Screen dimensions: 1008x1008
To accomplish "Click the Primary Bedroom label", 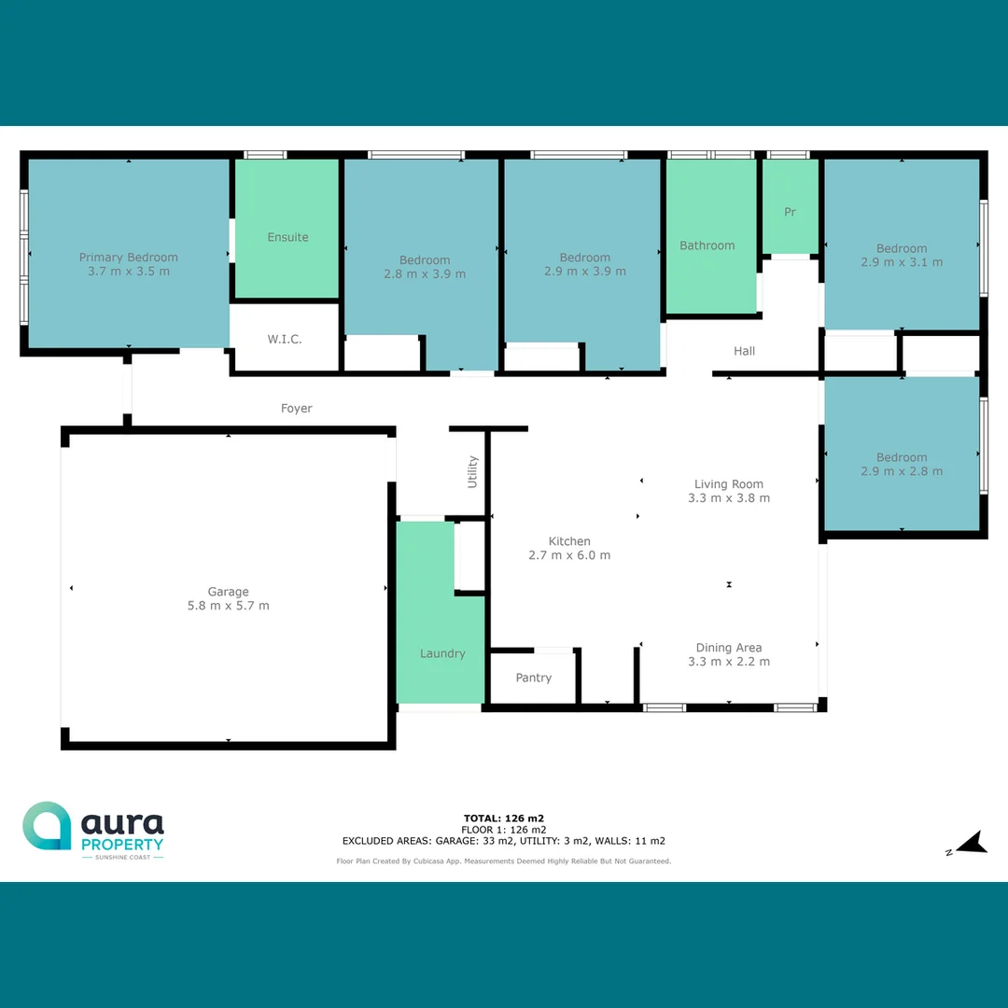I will coord(128,258).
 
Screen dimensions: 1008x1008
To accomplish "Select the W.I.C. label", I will coord(285,339).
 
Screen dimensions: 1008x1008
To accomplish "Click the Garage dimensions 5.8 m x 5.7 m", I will coord(228,606).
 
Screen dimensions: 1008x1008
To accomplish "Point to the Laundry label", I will coord(442,653).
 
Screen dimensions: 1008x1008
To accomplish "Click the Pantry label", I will coord(534,678).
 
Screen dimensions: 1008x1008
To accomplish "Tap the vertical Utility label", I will coord(472,471).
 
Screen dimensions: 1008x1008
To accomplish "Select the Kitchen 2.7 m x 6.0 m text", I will coord(569,555).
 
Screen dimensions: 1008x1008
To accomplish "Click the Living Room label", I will coord(728,483).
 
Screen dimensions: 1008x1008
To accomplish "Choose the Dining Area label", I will coord(728,647).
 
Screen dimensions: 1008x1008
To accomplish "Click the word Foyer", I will coord(297,408).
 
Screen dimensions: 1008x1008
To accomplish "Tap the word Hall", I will coord(744,351).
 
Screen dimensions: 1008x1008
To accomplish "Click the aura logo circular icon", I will coord(47,825).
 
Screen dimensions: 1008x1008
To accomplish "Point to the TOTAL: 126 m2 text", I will coord(503,819).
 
